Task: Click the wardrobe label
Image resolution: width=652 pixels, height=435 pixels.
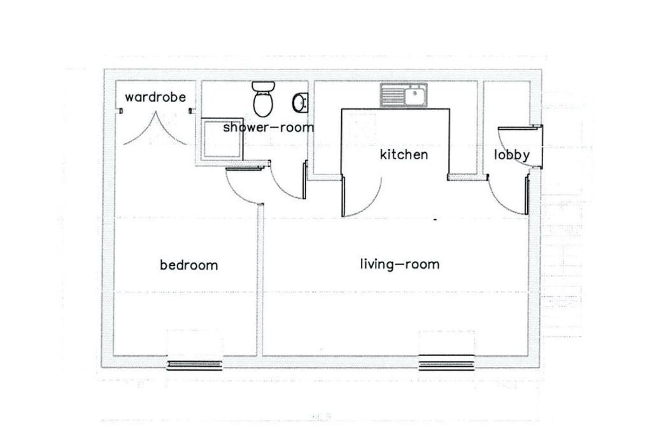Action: (155, 97)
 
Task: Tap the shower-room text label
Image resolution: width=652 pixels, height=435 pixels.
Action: (268, 127)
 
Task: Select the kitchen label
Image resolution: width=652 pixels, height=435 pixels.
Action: (404, 155)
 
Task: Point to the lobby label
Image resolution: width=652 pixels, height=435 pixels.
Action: (512, 155)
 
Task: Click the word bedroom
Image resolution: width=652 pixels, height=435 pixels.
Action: (188, 265)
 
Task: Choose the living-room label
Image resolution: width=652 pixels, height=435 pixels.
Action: (399, 264)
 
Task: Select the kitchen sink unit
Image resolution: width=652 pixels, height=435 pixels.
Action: (405, 96)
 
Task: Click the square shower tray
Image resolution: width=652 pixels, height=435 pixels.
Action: (221, 139)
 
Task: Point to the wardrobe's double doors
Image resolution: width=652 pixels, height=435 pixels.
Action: (155, 129)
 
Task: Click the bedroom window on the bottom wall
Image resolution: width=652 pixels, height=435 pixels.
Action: (194, 365)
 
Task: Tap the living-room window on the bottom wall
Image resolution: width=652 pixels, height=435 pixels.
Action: (446, 363)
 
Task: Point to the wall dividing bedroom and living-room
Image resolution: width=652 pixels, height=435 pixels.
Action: (260, 280)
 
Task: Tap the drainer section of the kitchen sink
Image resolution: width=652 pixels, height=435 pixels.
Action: (393, 96)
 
